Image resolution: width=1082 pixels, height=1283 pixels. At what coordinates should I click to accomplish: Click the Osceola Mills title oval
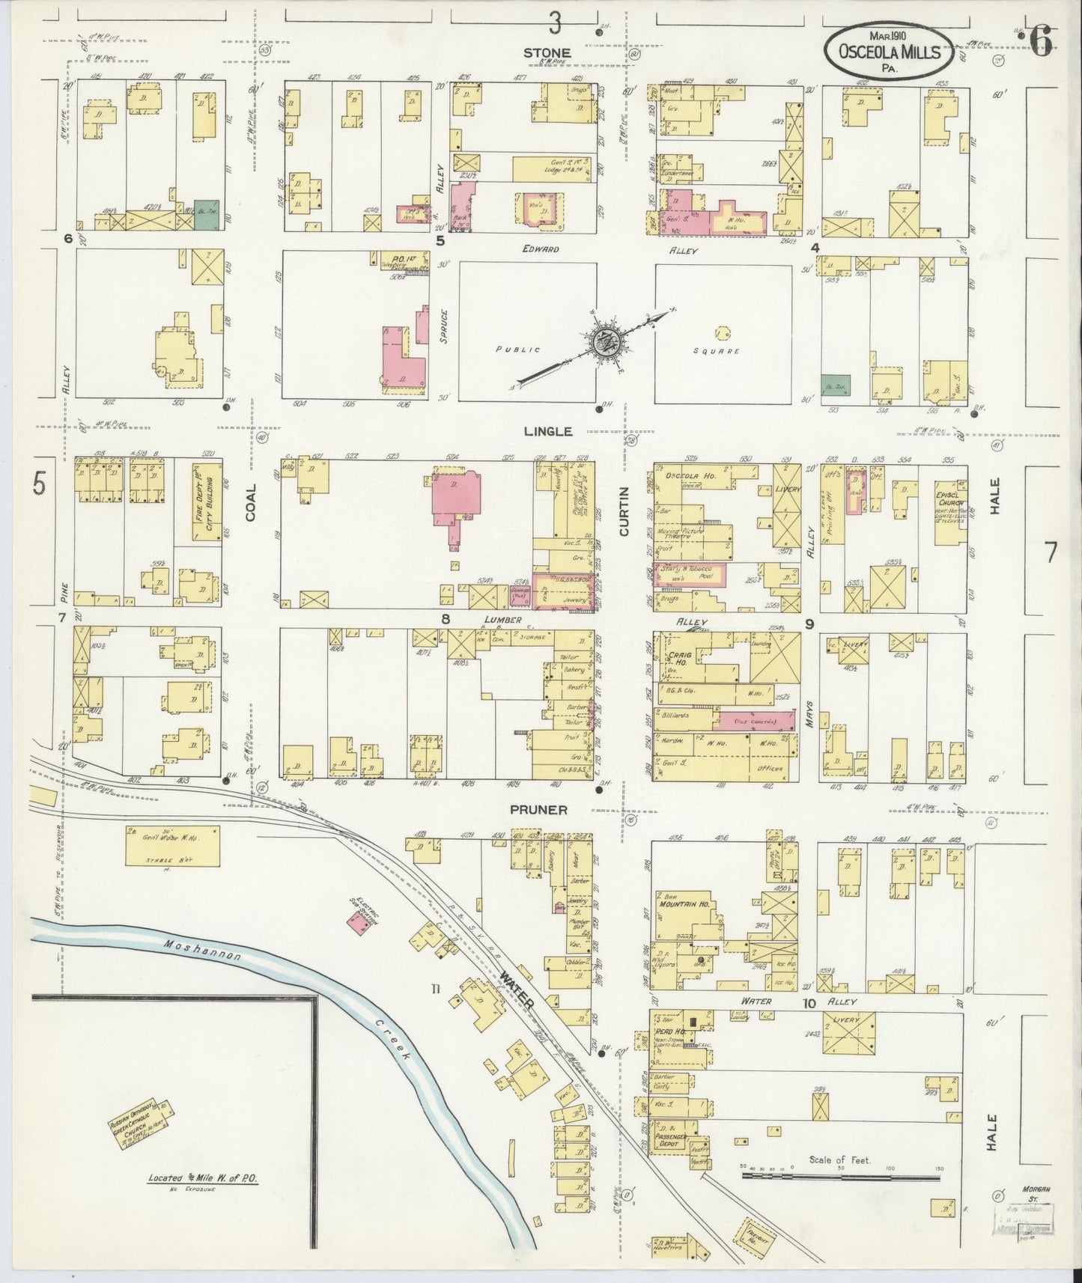(x=889, y=50)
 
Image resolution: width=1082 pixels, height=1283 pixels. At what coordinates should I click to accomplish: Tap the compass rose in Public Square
(x=604, y=343)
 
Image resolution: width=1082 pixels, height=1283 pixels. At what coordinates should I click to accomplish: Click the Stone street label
(x=547, y=52)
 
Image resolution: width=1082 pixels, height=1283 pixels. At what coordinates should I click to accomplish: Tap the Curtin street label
(x=623, y=511)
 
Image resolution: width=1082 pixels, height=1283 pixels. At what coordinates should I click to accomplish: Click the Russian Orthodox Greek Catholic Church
(x=143, y=1121)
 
